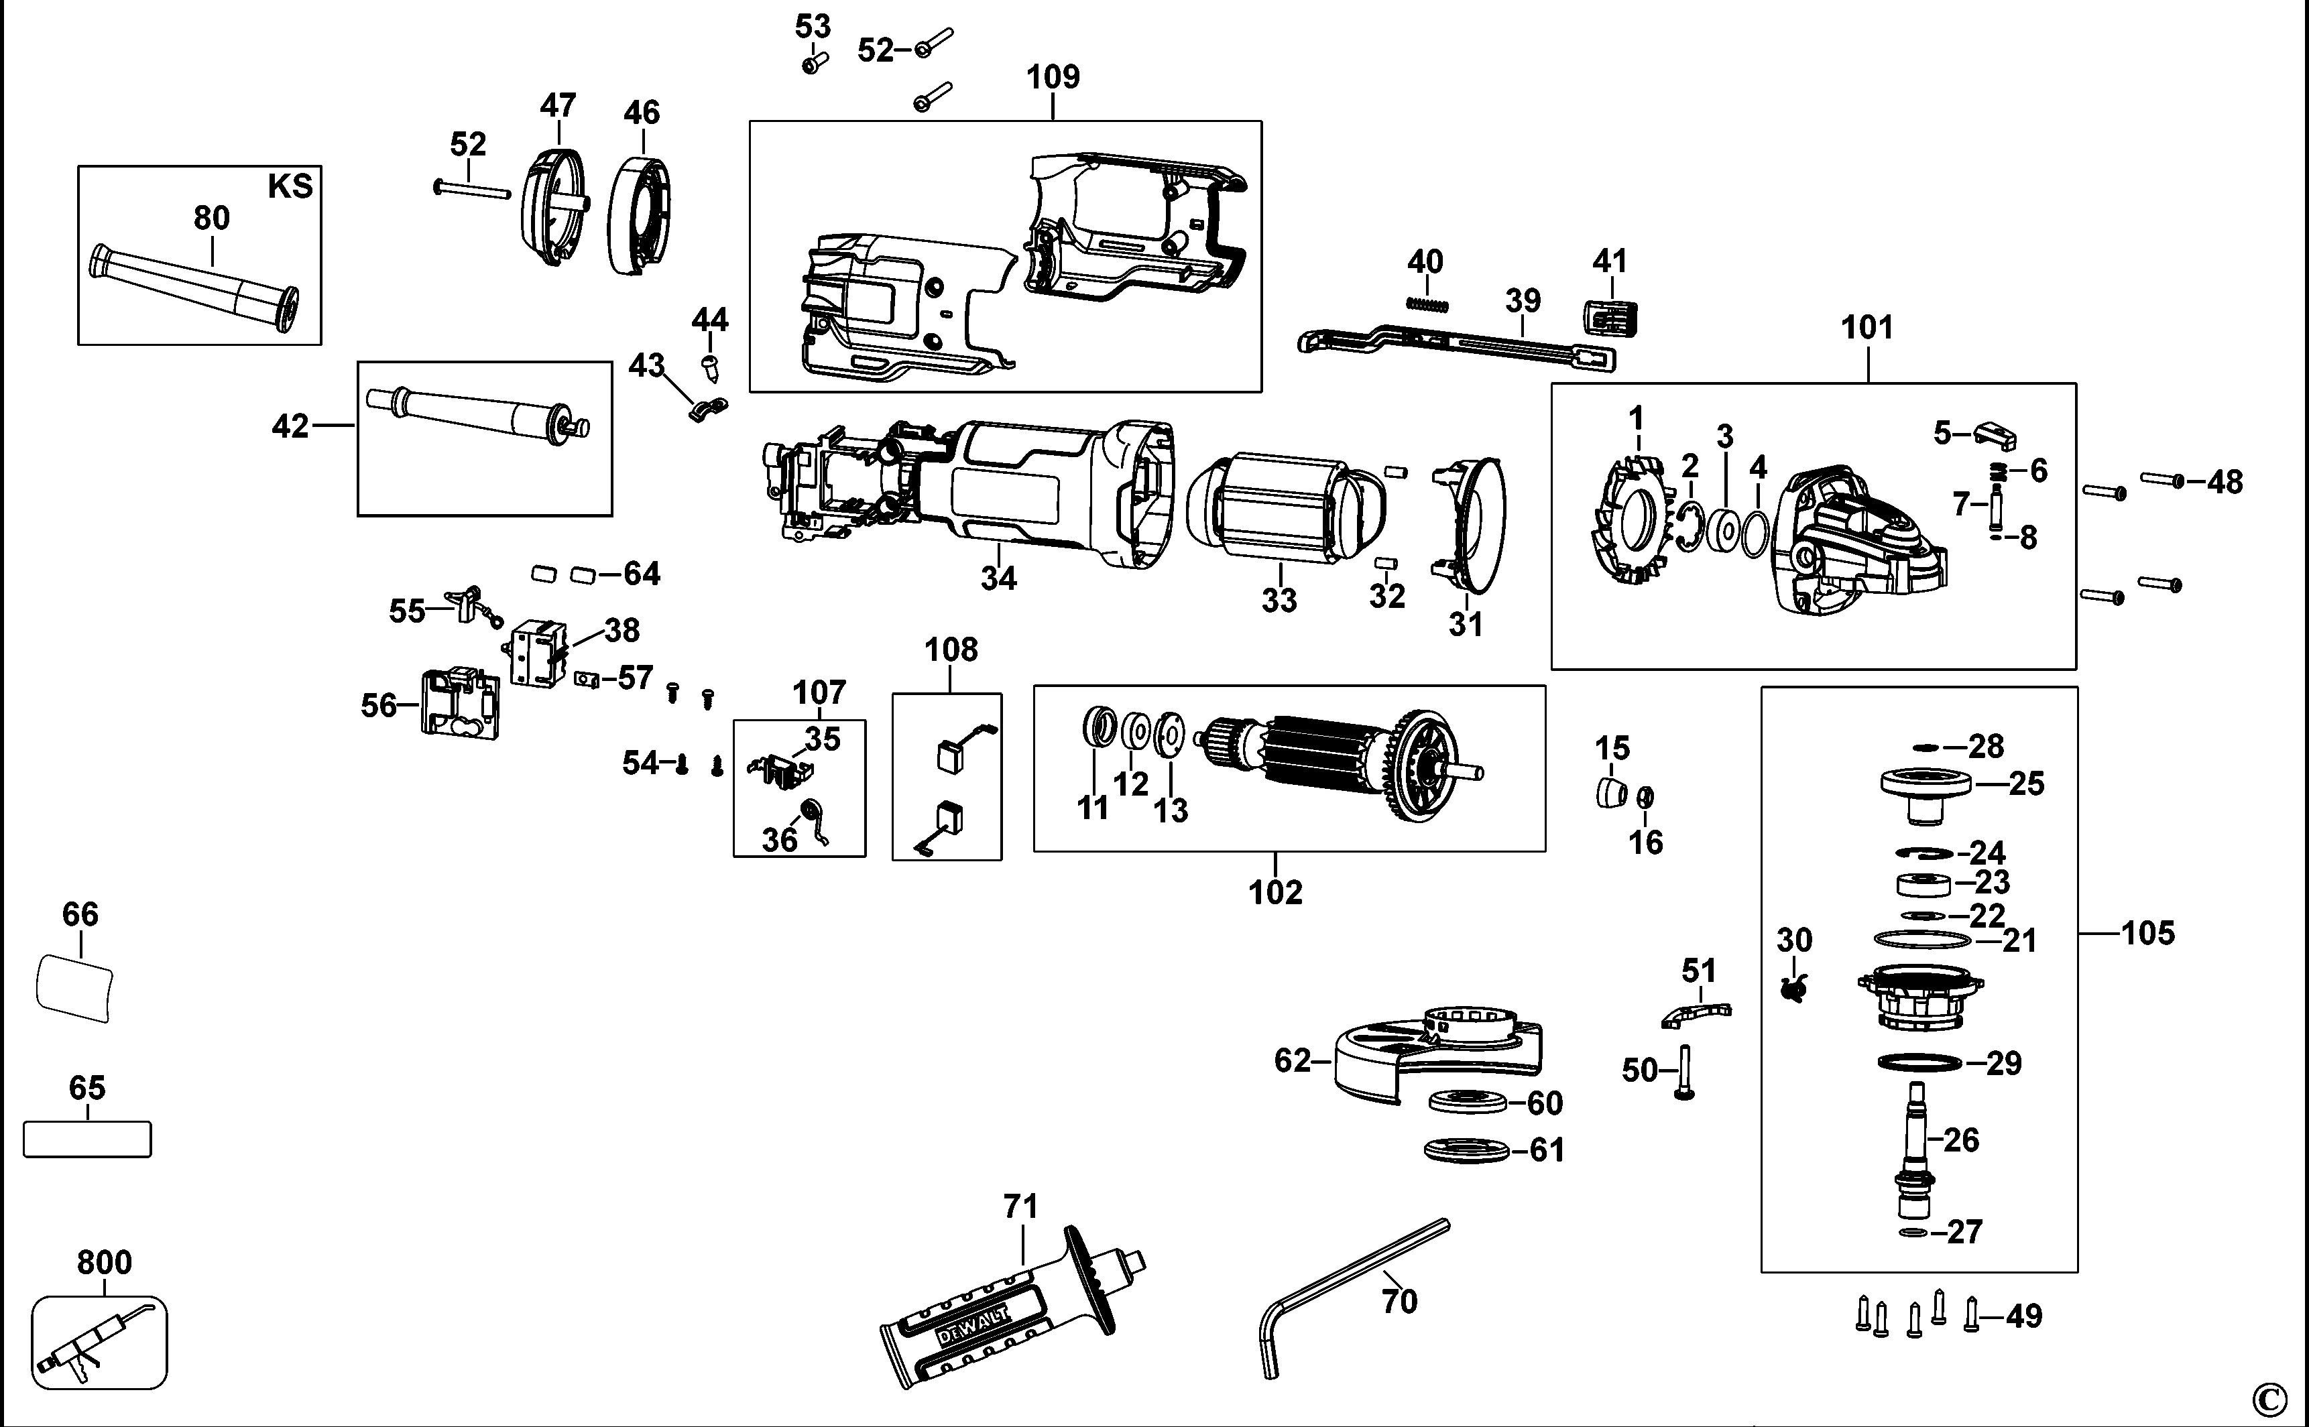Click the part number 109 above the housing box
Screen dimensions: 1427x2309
(1053, 76)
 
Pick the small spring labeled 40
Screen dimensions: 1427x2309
(1427, 302)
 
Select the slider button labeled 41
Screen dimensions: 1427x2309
(1608, 318)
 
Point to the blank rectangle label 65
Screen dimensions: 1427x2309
(87, 1139)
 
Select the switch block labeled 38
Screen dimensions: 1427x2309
(538, 652)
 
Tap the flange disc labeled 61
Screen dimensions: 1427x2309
(1465, 1150)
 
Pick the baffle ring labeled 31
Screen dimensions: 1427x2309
(1473, 523)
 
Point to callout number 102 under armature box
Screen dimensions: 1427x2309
(1275, 892)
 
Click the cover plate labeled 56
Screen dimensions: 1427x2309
(460, 703)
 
